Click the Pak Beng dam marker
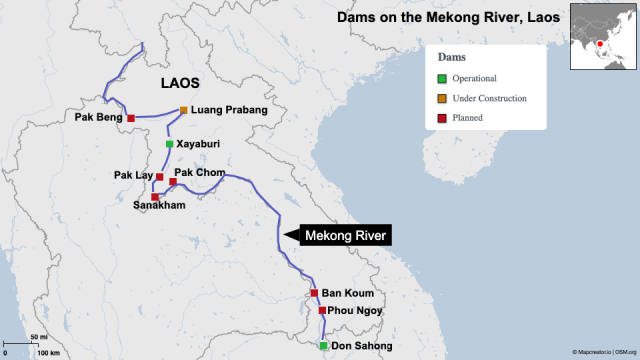coord(131,117)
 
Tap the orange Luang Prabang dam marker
coord(184,110)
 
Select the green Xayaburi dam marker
coord(169,144)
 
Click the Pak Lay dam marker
coord(159,177)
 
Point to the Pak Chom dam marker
coord(173,182)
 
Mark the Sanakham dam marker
coord(155,197)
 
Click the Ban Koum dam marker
coord(314,293)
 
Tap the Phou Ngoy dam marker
coord(322,310)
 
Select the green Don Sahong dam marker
coord(323,346)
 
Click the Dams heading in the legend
coord(451,58)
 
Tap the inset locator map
coord(603,37)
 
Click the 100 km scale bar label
coord(48,353)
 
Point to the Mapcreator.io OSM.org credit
coord(604,353)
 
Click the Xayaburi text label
coord(198,144)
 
